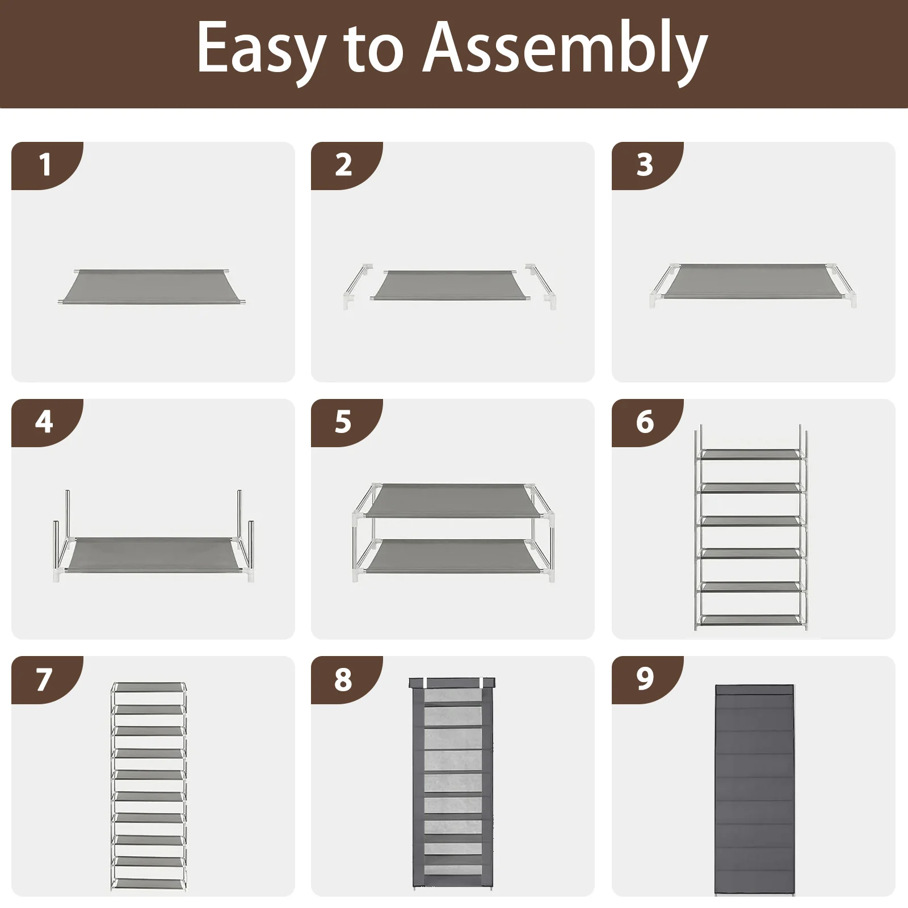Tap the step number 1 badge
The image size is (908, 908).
click(45, 165)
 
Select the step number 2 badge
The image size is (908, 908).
click(344, 165)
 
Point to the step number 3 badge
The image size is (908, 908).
click(645, 165)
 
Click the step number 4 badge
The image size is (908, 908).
click(44, 422)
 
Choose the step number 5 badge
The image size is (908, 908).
click(343, 422)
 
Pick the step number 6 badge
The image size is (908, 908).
click(645, 422)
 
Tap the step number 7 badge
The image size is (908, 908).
click(44, 679)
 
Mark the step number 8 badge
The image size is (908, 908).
click(343, 679)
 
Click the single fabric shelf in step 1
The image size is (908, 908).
click(152, 286)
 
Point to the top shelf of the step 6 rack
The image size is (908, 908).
click(750, 455)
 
